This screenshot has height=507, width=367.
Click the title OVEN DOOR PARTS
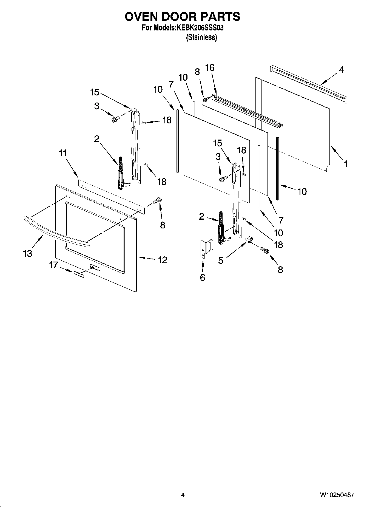pos(182,17)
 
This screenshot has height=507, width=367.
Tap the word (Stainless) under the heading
pos(201,38)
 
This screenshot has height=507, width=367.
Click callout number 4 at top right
pos(341,70)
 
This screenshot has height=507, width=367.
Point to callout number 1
pos(346,164)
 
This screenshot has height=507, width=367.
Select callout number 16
pos(210,67)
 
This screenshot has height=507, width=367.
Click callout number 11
pos(63,153)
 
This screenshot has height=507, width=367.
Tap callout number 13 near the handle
pos(27,253)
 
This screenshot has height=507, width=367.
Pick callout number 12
pos(163,260)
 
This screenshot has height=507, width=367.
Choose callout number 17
pos(54,265)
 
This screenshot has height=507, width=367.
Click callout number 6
pos(202,277)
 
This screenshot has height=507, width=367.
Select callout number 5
pos(221,260)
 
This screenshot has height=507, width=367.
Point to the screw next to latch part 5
pos(264,250)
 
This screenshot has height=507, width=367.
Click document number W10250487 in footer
pos(337,495)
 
